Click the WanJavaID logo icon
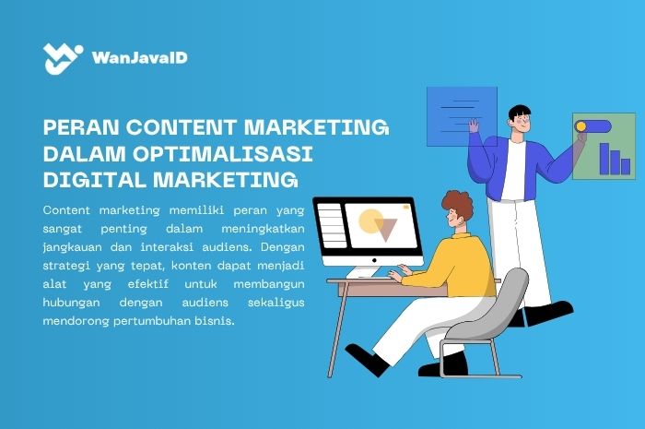point(64,59)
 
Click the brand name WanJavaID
point(140,58)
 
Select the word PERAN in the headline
point(80,127)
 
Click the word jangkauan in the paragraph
point(74,247)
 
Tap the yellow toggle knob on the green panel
point(580,125)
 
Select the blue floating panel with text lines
point(461,115)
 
